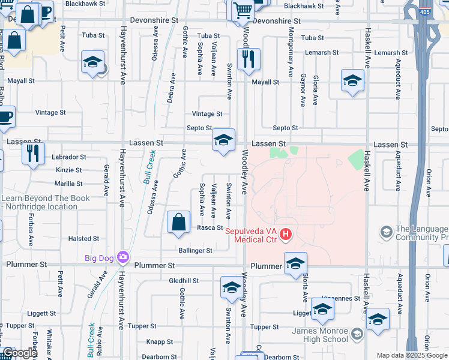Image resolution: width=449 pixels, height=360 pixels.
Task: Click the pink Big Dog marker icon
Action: point(124,257)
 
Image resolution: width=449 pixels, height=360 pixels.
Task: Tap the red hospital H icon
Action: point(286,233)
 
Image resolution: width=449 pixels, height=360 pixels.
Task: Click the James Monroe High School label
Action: point(320,335)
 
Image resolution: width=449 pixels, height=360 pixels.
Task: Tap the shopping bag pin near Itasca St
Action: point(179,223)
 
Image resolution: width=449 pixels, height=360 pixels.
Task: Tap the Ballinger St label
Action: point(195,250)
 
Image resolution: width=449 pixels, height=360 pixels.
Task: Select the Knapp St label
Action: point(160,341)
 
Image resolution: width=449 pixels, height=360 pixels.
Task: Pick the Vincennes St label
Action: point(340,298)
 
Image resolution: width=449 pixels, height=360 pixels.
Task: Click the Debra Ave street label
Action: point(171,88)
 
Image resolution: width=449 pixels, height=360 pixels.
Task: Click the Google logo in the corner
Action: point(20,353)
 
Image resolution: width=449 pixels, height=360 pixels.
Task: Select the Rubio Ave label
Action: point(100,337)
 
